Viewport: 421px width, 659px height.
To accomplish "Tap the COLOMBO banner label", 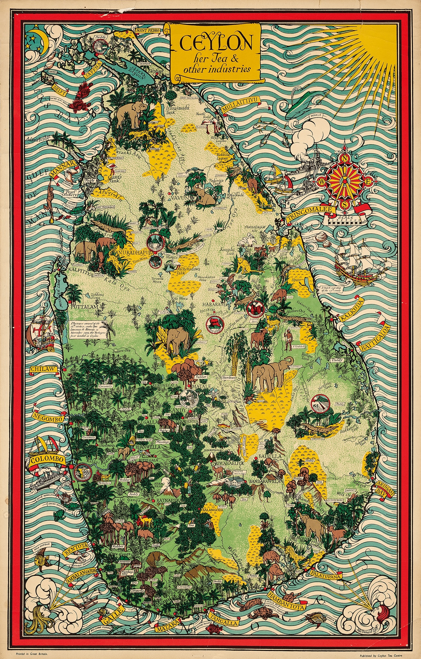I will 48,459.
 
